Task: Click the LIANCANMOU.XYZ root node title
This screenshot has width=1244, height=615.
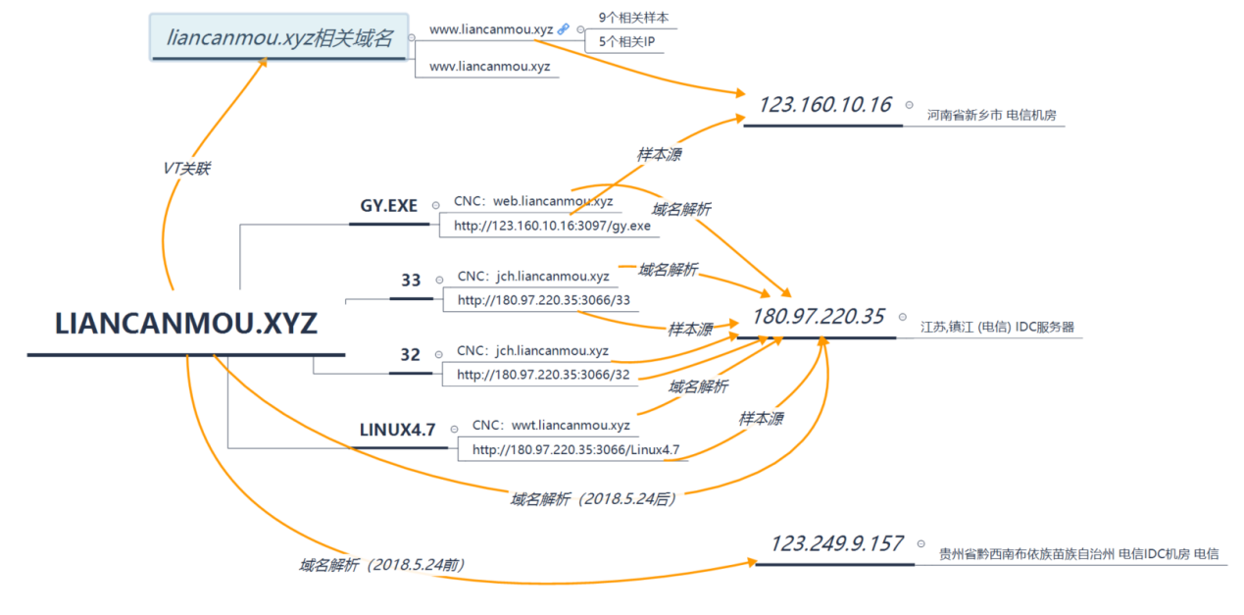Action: [x=186, y=325]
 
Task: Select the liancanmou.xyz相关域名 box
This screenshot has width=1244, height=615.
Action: [x=278, y=38]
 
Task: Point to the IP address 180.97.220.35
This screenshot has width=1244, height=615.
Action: [x=818, y=317]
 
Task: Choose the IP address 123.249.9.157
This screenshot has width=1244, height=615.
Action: [x=836, y=543]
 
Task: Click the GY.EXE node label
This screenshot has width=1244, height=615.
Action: [x=389, y=206]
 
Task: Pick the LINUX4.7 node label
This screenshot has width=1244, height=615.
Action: [x=397, y=429]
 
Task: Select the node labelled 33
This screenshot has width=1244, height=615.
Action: [x=411, y=281]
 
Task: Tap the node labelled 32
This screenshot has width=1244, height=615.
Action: [x=411, y=355]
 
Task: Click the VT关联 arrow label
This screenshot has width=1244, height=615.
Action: [x=186, y=169]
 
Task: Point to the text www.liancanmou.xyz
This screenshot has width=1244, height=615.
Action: [x=490, y=29]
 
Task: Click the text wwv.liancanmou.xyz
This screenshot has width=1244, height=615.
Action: [x=489, y=67]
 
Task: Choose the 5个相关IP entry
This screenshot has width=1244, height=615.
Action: [x=626, y=42]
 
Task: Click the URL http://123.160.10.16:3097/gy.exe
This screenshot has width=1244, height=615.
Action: [x=552, y=226]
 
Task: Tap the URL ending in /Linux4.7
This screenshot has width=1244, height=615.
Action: [x=575, y=450]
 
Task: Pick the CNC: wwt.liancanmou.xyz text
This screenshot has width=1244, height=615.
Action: [x=551, y=425]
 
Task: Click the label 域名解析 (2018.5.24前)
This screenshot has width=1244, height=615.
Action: [x=381, y=565]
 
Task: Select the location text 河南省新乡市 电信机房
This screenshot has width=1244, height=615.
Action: [x=991, y=115]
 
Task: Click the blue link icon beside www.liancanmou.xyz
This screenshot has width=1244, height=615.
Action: [x=564, y=29]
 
